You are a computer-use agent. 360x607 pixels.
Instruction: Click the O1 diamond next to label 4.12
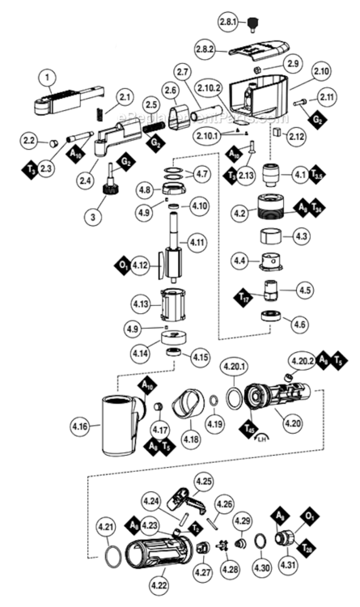(122, 264)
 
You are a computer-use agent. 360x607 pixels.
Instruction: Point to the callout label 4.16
(80, 422)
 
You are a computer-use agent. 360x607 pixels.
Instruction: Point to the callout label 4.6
(299, 325)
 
